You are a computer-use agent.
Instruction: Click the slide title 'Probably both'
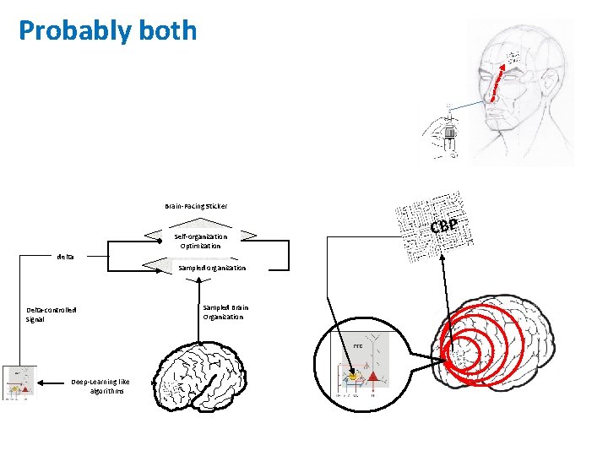[107, 32]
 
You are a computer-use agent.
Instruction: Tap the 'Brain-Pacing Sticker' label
[196, 206]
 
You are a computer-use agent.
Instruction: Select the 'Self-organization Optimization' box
[201, 241]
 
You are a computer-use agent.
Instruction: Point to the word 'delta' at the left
[65, 256]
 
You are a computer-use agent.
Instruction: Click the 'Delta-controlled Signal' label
[52, 314]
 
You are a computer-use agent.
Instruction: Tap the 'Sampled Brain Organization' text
[225, 312]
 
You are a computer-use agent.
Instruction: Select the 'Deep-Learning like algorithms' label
[101, 386]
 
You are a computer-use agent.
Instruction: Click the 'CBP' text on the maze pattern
[443, 226]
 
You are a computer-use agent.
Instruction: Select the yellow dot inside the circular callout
[356, 377]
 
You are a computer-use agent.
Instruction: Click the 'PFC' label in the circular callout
[358, 346]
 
